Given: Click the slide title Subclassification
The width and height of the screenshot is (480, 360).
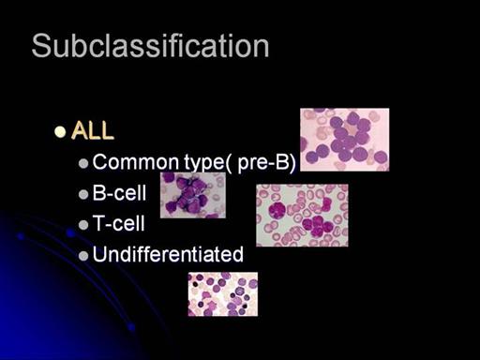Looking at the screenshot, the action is click(x=150, y=46).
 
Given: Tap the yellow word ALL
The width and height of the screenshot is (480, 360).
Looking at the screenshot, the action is click(x=93, y=130).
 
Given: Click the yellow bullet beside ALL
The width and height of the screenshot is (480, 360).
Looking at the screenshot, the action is click(x=60, y=131).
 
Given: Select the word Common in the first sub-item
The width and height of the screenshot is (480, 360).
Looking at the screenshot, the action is click(x=136, y=162).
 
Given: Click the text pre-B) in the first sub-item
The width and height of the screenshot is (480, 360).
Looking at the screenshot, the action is click(x=266, y=163).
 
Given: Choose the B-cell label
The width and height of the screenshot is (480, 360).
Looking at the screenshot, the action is click(x=119, y=193).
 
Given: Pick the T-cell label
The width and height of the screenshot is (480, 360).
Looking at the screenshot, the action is click(x=118, y=223).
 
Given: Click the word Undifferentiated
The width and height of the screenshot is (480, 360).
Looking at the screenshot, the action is click(x=168, y=254).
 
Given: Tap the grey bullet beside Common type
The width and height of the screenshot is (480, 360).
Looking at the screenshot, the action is click(x=83, y=163).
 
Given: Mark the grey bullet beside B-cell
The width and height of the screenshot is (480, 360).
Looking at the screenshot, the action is click(x=83, y=194).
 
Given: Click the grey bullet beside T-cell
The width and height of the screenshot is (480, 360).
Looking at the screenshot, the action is click(x=83, y=225).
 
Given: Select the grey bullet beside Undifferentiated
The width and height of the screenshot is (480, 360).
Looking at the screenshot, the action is click(x=83, y=256).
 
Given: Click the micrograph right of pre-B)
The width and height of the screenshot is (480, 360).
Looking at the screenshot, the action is click(x=345, y=140).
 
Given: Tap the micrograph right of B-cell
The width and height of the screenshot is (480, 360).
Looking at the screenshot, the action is click(x=193, y=195).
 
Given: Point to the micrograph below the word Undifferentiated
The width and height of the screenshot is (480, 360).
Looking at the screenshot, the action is click(x=223, y=294).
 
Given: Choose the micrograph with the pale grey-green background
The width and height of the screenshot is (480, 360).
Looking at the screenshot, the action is click(x=302, y=215).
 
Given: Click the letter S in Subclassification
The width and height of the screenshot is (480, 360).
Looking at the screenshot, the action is click(x=40, y=46).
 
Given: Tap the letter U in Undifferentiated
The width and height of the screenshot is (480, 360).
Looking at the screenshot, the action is click(x=98, y=254).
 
